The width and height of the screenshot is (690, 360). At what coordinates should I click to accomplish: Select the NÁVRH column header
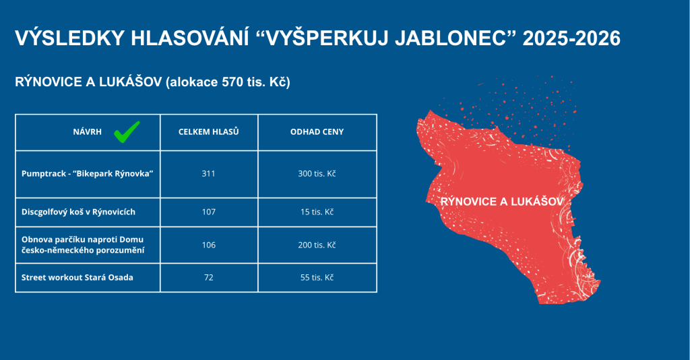click(x=87, y=131)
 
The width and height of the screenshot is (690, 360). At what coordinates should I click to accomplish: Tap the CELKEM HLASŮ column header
click(x=209, y=131)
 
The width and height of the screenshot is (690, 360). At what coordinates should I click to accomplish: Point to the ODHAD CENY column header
click(x=317, y=131)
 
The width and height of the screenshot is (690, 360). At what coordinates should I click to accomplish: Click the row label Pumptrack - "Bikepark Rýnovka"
click(x=87, y=173)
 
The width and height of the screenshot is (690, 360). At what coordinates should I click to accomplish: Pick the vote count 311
click(x=209, y=173)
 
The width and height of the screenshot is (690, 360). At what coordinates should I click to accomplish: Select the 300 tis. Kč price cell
click(x=317, y=173)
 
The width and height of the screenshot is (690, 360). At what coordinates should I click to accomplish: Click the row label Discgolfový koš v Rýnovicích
click(x=78, y=212)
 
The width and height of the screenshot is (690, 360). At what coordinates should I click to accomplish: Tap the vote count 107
click(x=209, y=212)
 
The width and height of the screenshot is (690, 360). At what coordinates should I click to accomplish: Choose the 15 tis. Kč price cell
click(x=317, y=212)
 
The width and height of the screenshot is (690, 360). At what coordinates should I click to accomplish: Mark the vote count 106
click(x=209, y=245)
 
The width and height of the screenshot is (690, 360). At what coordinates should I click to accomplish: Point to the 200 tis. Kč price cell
click(x=317, y=245)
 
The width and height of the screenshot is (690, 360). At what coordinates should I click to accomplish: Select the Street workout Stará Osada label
click(x=77, y=277)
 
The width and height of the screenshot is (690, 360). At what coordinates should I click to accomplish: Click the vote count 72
click(x=209, y=277)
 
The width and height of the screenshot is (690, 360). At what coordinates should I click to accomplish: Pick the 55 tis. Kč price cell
click(x=317, y=277)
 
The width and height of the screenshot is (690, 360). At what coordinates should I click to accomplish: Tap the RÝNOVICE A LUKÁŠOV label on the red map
click(x=502, y=202)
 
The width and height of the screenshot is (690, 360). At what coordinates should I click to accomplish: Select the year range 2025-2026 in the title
click(x=571, y=38)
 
